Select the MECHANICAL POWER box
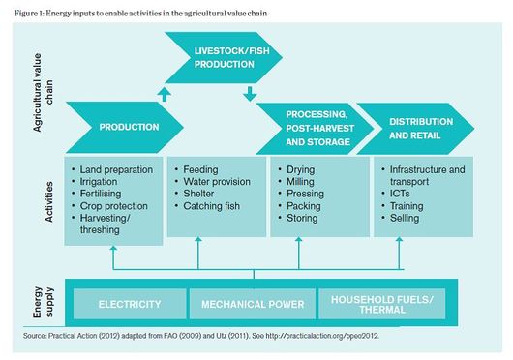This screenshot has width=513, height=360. click(252, 304)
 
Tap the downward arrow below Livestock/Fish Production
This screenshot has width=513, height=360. click(249, 94)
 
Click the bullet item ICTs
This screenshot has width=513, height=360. click(402, 194)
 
